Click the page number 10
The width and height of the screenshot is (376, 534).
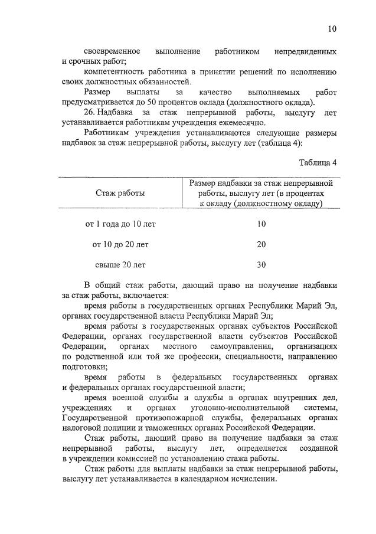[332, 29]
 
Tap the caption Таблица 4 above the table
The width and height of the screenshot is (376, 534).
[318, 162]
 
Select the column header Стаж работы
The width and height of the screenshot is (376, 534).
[120, 193]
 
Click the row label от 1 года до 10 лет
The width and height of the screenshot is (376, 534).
[120, 224]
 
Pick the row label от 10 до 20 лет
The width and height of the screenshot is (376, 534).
[120, 244]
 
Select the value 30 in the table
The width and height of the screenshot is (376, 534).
[261, 264]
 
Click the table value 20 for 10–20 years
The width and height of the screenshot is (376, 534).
[261, 244]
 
